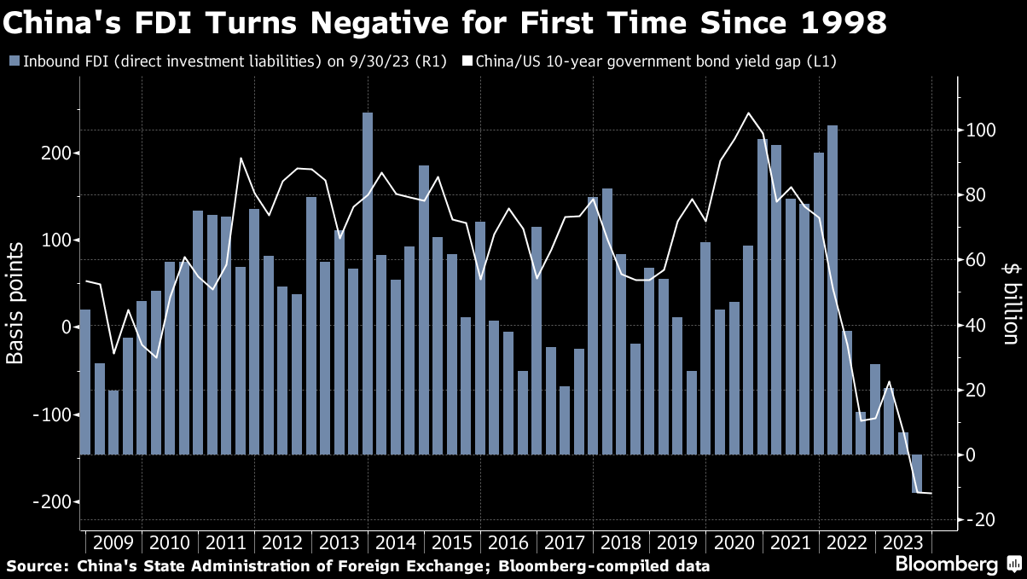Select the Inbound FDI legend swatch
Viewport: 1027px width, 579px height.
click(14, 61)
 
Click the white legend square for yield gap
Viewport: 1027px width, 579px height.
click(467, 61)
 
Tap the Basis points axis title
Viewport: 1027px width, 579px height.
click(15, 302)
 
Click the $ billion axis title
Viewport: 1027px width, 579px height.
click(1011, 303)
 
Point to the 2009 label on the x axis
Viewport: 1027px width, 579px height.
click(113, 542)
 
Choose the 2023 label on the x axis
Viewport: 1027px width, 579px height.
click(902, 542)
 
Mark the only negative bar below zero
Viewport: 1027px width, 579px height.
click(917, 473)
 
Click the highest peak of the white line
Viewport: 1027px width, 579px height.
click(748, 113)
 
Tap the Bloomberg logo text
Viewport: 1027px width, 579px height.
click(946, 565)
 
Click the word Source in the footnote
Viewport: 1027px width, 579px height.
click(36, 565)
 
